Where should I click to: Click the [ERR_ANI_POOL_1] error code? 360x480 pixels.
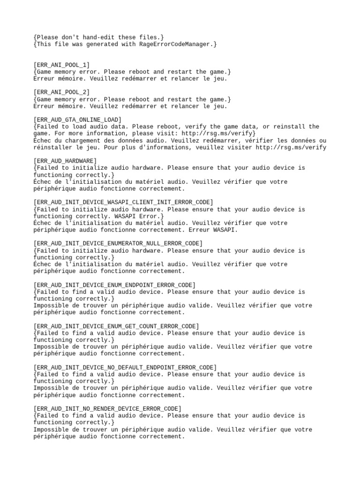click(x=62, y=65)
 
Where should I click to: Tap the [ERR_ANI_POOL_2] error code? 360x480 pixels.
click(x=62, y=92)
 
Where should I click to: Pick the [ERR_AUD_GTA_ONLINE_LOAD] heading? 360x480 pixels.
click(x=77, y=120)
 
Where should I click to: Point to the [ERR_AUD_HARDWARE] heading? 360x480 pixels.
click(x=65, y=161)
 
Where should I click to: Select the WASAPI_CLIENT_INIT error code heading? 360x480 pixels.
click(x=123, y=202)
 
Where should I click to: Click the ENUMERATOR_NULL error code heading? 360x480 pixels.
click(x=118, y=243)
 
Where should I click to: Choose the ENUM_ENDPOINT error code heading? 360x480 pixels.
click(x=114, y=285)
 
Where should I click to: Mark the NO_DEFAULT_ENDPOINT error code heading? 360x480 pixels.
click(x=125, y=367)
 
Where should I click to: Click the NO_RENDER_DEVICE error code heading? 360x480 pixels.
click(x=107, y=408)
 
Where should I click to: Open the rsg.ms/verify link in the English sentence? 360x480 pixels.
click(x=221, y=134)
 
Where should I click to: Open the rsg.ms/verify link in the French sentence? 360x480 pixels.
click(x=291, y=147)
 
